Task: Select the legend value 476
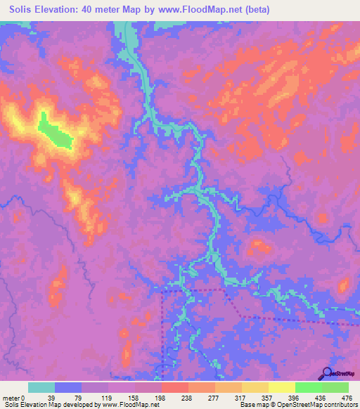coord(347,397)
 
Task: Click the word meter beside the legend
coord(11,397)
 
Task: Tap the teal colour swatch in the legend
coord(41,387)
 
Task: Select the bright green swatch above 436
coord(308,387)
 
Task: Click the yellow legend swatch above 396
coord(281,387)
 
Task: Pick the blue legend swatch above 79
coord(68,387)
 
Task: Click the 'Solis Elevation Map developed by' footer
coord(49,405)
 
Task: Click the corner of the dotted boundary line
coord(164,289)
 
